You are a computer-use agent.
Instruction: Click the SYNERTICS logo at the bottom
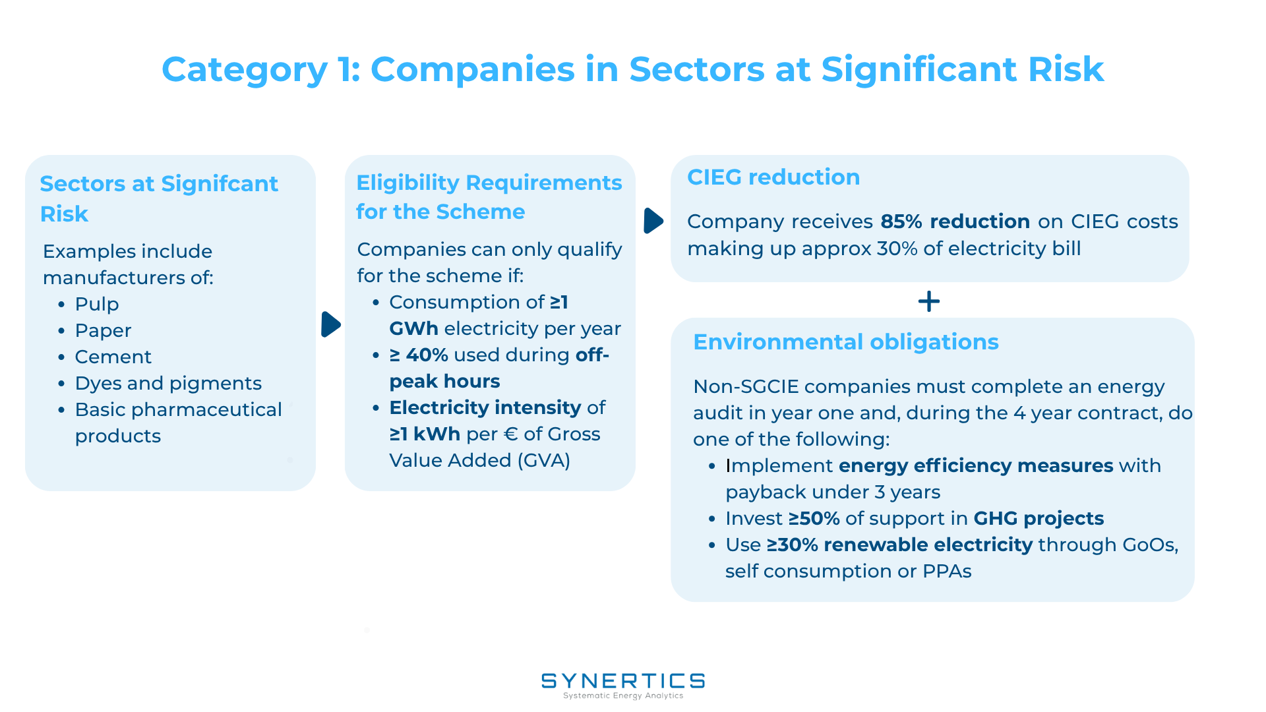click(x=623, y=685)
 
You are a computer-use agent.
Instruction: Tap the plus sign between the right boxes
click(x=928, y=301)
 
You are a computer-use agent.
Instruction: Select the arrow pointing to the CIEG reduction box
click(x=653, y=221)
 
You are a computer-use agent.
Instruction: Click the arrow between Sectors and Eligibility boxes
click(x=331, y=324)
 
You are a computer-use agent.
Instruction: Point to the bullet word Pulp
click(x=97, y=304)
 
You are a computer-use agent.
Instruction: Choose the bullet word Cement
click(x=113, y=357)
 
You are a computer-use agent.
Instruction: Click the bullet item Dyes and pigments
click(x=168, y=383)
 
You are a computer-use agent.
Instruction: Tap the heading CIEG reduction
click(x=773, y=177)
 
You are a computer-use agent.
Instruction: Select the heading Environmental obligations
click(x=846, y=342)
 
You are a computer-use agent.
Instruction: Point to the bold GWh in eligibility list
click(x=413, y=328)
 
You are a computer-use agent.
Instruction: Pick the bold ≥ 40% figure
click(x=419, y=355)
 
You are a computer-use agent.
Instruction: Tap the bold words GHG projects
click(x=1039, y=519)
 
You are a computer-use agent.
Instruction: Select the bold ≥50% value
click(x=814, y=519)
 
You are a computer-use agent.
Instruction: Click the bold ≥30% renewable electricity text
click(x=899, y=545)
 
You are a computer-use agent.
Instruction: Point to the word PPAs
click(x=947, y=572)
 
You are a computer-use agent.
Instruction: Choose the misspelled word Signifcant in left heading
click(x=220, y=184)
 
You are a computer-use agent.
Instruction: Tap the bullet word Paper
click(x=103, y=331)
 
